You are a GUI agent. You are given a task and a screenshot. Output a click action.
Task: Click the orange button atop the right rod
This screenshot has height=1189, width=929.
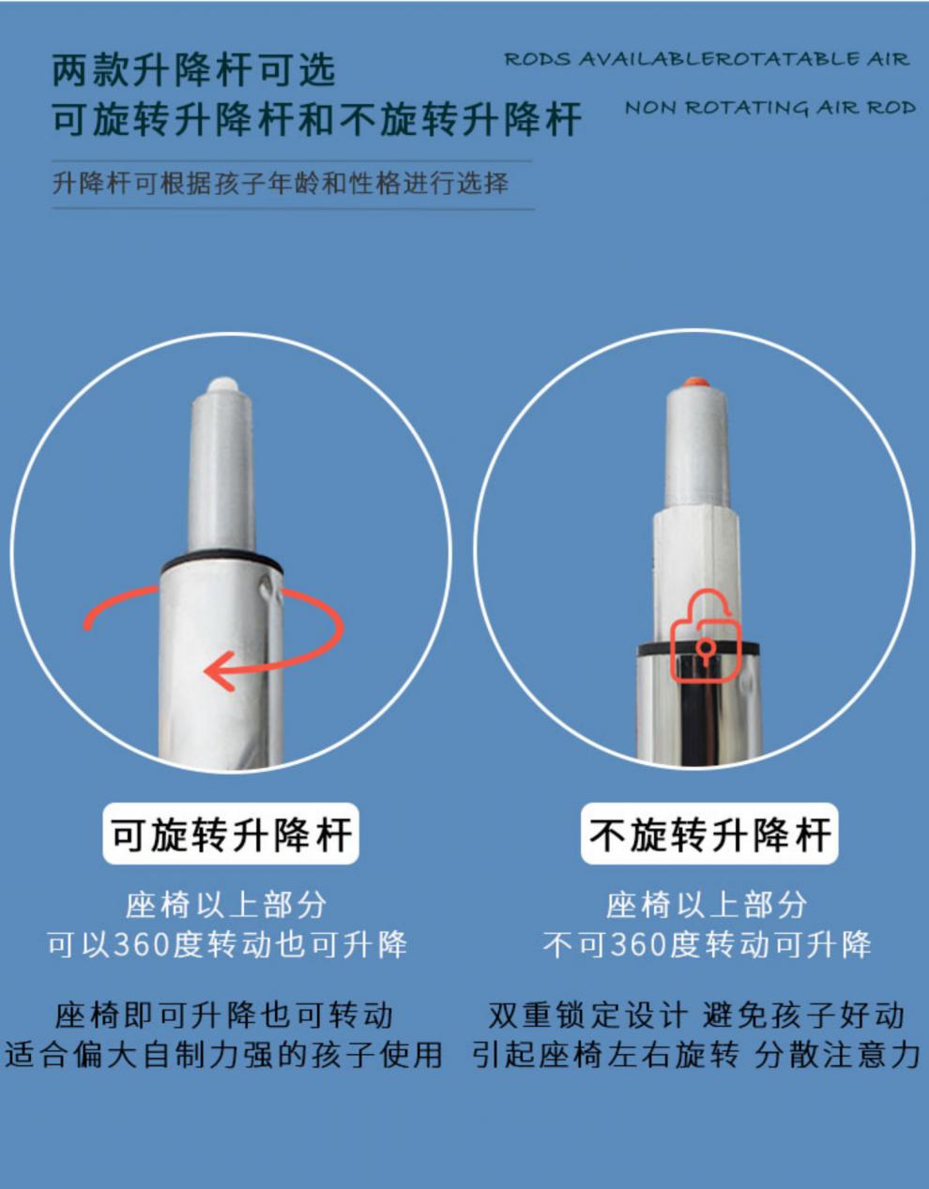(x=695, y=383)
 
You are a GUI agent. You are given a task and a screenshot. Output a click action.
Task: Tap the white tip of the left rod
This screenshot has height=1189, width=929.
(x=222, y=384)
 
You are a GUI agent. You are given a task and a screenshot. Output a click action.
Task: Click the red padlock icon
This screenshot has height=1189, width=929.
(x=707, y=635)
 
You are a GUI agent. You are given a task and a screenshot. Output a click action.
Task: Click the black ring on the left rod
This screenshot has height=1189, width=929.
(x=221, y=562)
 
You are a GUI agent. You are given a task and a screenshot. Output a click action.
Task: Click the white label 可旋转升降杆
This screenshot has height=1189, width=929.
(x=231, y=835)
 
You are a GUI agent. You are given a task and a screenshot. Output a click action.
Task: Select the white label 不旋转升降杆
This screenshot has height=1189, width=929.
(x=709, y=835)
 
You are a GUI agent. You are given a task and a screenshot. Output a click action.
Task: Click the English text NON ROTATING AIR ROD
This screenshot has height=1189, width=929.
(x=770, y=108)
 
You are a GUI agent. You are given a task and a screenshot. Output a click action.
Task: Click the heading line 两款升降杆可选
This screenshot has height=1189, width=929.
(x=194, y=70)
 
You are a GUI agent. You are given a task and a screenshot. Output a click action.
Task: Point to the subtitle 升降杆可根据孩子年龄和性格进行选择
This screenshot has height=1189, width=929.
(x=281, y=183)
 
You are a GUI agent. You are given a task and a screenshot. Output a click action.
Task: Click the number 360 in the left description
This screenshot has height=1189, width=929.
(x=144, y=945)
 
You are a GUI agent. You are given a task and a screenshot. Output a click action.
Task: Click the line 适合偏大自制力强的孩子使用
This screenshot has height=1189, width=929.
(x=224, y=1054)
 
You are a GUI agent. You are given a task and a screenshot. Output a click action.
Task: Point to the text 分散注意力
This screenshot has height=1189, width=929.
(x=837, y=1054)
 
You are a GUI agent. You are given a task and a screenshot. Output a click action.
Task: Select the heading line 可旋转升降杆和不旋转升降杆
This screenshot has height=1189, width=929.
(x=317, y=119)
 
